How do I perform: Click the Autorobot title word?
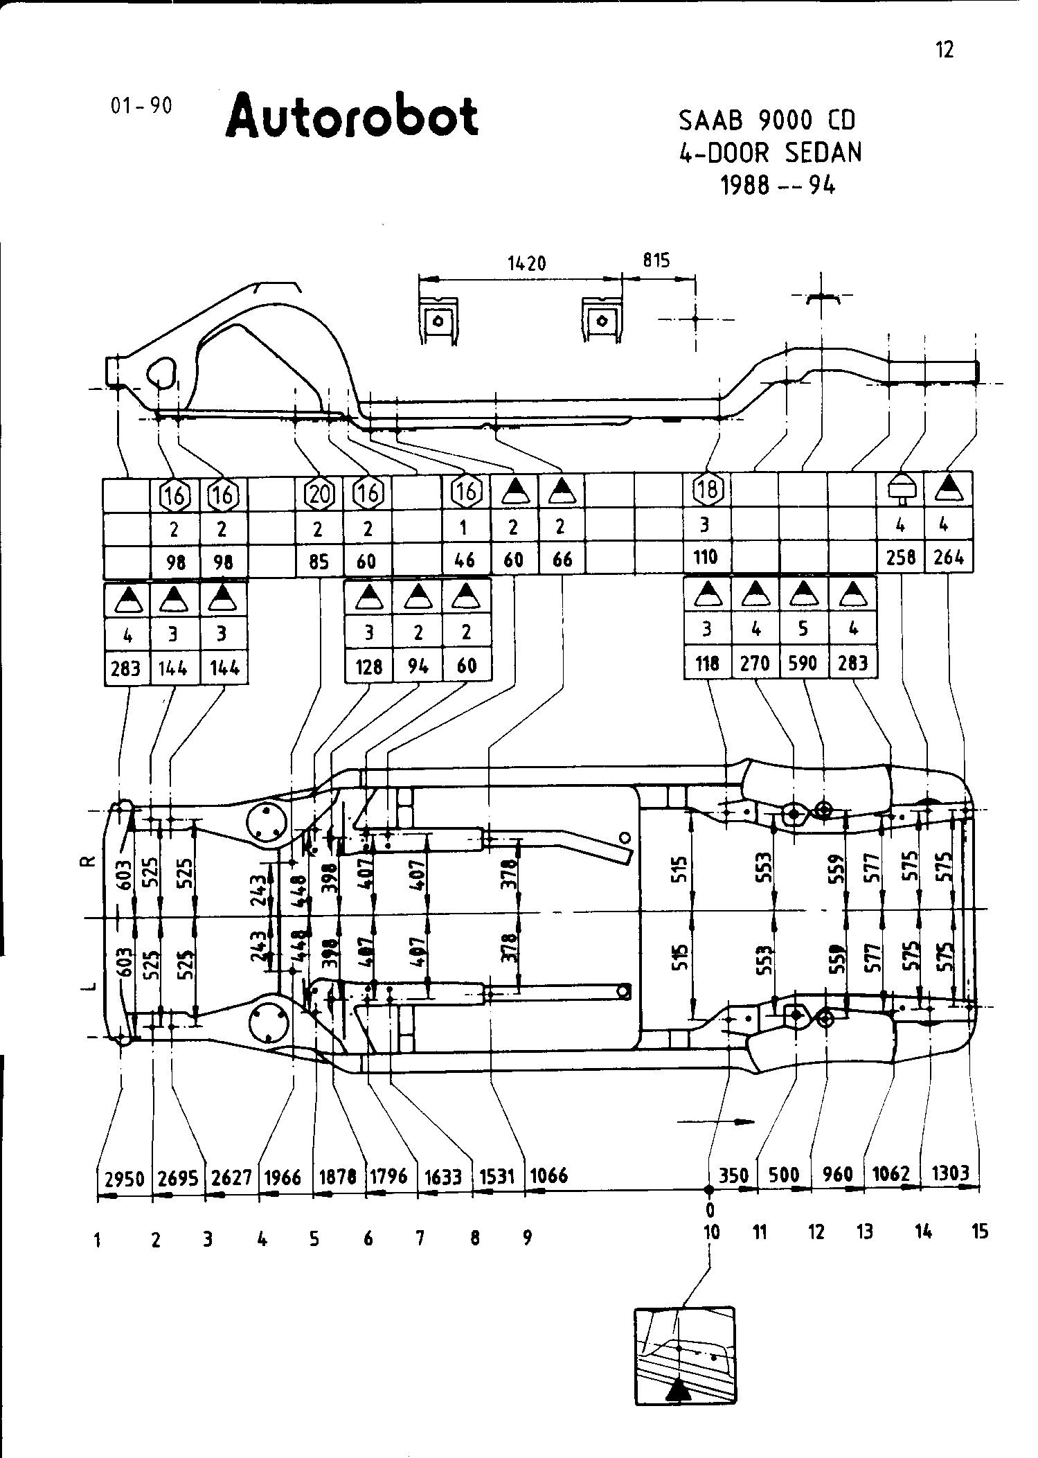pos(352,117)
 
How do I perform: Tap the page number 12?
pos(945,50)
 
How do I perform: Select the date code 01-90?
pos(141,106)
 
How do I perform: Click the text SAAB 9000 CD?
pos(767,121)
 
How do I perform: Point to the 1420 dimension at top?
pos(527,264)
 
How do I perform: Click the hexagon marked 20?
pos(319,494)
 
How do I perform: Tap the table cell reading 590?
pos(803,664)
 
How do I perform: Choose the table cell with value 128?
pos(368,666)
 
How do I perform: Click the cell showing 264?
pos(949,558)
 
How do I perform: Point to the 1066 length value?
pos(548,1175)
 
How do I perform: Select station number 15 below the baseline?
pos(980,1232)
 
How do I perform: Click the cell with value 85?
pos(319,560)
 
